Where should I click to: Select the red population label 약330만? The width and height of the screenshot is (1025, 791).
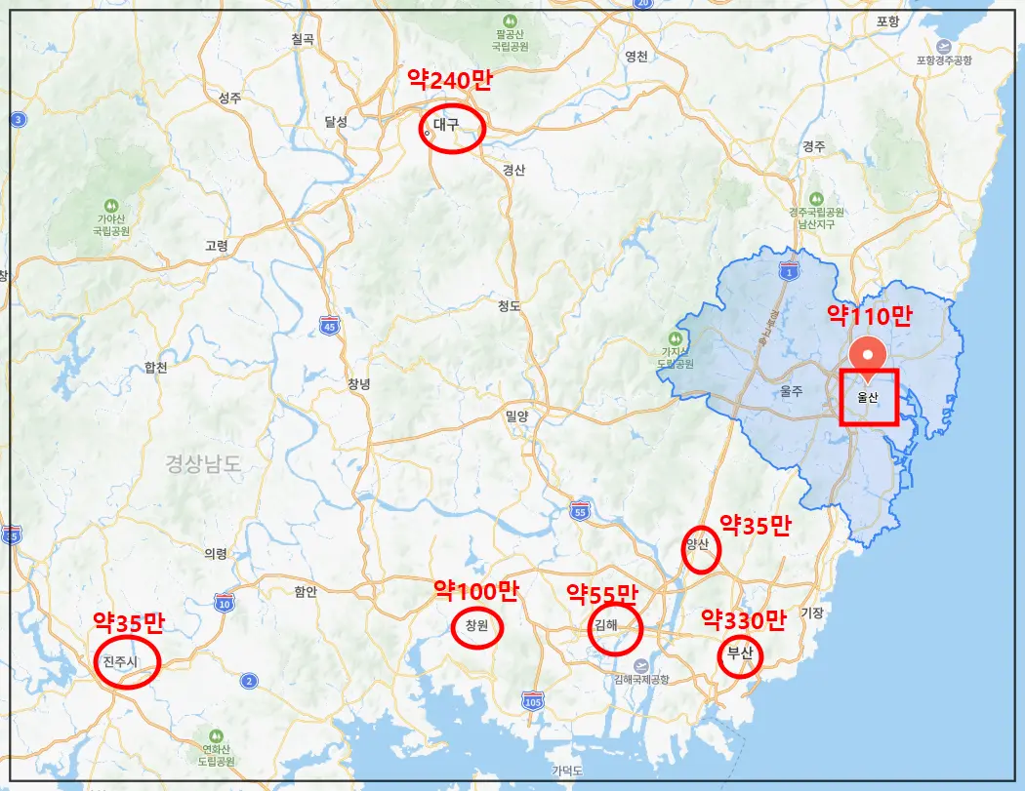pyautogui.click(x=744, y=620)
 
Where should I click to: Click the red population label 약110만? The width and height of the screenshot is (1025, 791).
pyautogui.click(x=869, y=315)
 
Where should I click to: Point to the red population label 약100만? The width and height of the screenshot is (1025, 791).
pyautogui.click(x=476, y=590)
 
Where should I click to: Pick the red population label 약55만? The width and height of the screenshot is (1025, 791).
pyautogui.click(x=602, y=593)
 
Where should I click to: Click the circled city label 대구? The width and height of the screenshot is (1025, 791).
pyautogui.click(x=447, y=125)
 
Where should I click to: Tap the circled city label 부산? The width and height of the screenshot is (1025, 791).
pyautogui.click(x=740, y=654)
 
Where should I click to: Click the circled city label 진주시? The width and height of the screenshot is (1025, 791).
pyautogui.click(x=123, y=662)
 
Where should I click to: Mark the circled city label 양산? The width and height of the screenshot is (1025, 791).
pyautogui.click(x=699, y=544)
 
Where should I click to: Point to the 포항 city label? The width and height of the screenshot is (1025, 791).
pyautogui.click(x=887, y=21)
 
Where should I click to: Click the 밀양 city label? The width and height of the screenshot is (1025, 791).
pyautogui.click(x=516, y=416)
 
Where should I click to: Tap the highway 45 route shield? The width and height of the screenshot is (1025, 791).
pyautogui.click(x=329, y=327)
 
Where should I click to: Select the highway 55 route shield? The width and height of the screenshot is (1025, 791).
pyautogui.click(x=580, y=511)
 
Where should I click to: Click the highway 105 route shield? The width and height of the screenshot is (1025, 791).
pyautogui.click(x=532, y=700)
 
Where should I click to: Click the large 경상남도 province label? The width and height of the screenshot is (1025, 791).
pyautogui.click(x=202, y=463)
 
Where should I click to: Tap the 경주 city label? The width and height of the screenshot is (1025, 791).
pyautogui.click(x=813, y=145)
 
